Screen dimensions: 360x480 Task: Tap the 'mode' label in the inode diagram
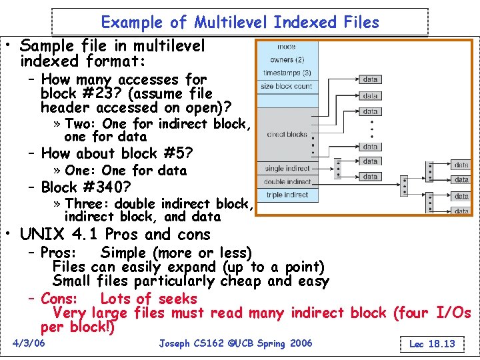pos(287,47)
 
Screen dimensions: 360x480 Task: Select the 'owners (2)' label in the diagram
pos(287,59)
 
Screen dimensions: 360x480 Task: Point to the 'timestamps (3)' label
pos(287,73)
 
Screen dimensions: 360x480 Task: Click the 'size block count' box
pos(287,86)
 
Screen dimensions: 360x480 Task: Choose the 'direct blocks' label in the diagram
pos(287,134)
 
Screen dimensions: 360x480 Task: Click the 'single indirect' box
pos(287,169)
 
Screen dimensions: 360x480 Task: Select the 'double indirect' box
pos(287,181)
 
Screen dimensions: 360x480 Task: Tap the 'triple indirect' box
pos(287,195)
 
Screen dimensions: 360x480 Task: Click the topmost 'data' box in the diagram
pos(371,79)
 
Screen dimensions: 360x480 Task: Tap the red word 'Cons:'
pos(59,299)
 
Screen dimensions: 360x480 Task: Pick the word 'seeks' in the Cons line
pos(175,299)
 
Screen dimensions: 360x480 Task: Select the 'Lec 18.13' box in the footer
pos(432,344)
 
